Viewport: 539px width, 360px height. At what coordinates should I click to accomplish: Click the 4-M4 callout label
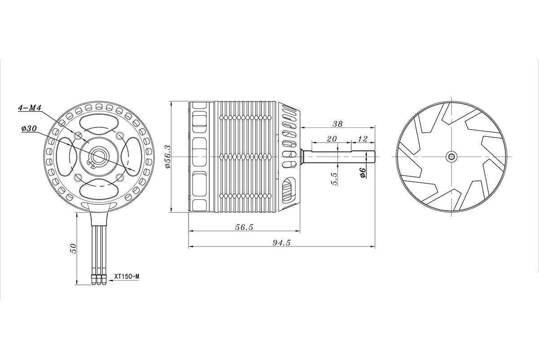click(30, 108)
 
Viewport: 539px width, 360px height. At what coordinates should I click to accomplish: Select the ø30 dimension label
click(29, 129)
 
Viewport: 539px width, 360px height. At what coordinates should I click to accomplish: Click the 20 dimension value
click(331, 139)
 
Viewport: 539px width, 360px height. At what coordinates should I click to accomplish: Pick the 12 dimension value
click(362, 139)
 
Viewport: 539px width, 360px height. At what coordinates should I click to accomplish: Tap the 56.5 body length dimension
click(244, 227)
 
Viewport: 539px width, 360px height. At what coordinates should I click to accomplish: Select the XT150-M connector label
click(126, 277)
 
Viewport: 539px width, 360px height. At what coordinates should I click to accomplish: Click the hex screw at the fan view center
click(451, 156)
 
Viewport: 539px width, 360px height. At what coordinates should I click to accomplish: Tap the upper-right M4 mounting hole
click(119, 135)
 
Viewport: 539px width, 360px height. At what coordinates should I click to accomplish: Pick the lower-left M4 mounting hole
click(78, 177)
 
